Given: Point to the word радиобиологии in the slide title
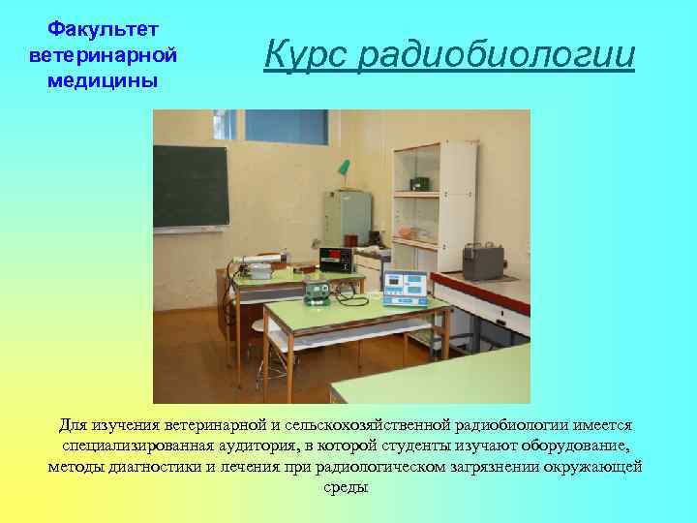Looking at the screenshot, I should tap(496, 56).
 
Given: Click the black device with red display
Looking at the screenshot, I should tap(333, 259).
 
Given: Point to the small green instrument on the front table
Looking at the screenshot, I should tap(317, 291).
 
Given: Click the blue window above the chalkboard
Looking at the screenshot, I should tap(286, 126).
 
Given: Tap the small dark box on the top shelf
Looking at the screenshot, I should tap(420, 183).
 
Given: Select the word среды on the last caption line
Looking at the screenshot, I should tap(348, 487).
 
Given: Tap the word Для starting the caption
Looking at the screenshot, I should tap(73, 424).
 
